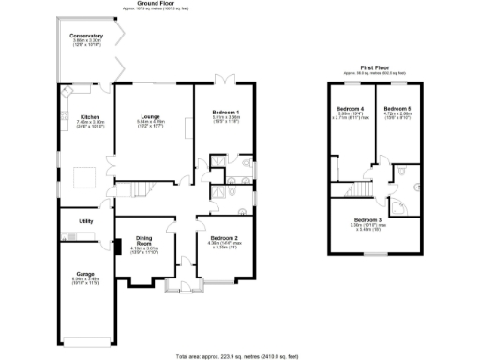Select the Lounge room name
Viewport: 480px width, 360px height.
[x=151, y=116]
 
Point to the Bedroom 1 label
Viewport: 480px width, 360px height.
[x=225, y=112]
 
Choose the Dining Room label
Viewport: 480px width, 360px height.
[x=144, y=241]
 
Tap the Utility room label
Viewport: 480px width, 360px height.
[x=84, y=221]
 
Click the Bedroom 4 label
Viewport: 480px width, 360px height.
[x=350, y=110]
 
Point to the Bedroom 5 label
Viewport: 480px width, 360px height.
[x=396, y=109]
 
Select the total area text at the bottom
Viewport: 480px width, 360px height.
[x=239, y=356]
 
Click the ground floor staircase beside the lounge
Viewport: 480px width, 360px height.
[x=139, y=189]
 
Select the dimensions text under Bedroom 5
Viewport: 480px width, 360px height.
[x=396, y=117]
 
